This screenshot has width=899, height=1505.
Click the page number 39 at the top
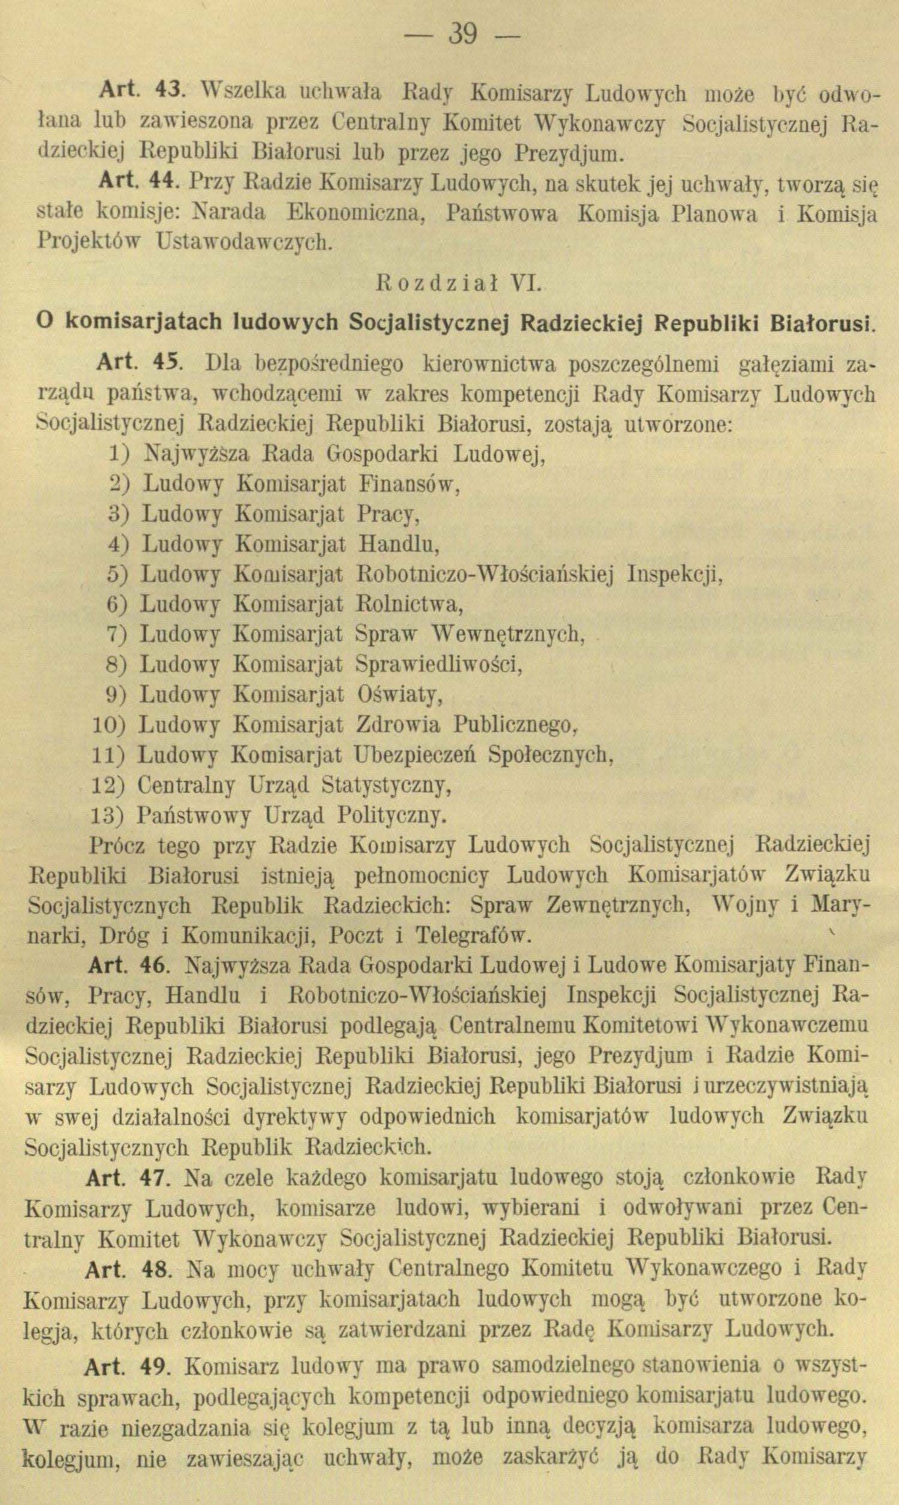[462, 35]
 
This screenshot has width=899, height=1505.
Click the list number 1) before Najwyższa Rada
[120, 453]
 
